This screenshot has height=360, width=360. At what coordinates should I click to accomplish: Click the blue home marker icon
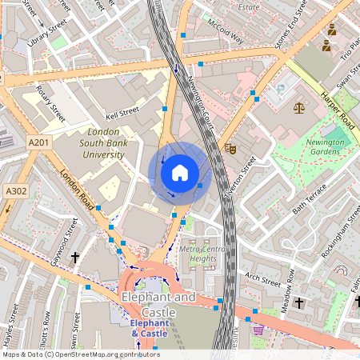click(180, 173)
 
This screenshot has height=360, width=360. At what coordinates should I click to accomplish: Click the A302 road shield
click(15, 191)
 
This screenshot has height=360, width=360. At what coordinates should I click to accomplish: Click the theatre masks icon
click(230, 147)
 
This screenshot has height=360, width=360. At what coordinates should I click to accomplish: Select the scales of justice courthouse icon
click(299, 106)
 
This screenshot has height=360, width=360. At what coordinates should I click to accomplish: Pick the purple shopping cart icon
click(258, 329)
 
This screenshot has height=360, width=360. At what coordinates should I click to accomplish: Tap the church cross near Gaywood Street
click(76, 258)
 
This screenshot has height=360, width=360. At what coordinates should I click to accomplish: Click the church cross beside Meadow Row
click(299, 303)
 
